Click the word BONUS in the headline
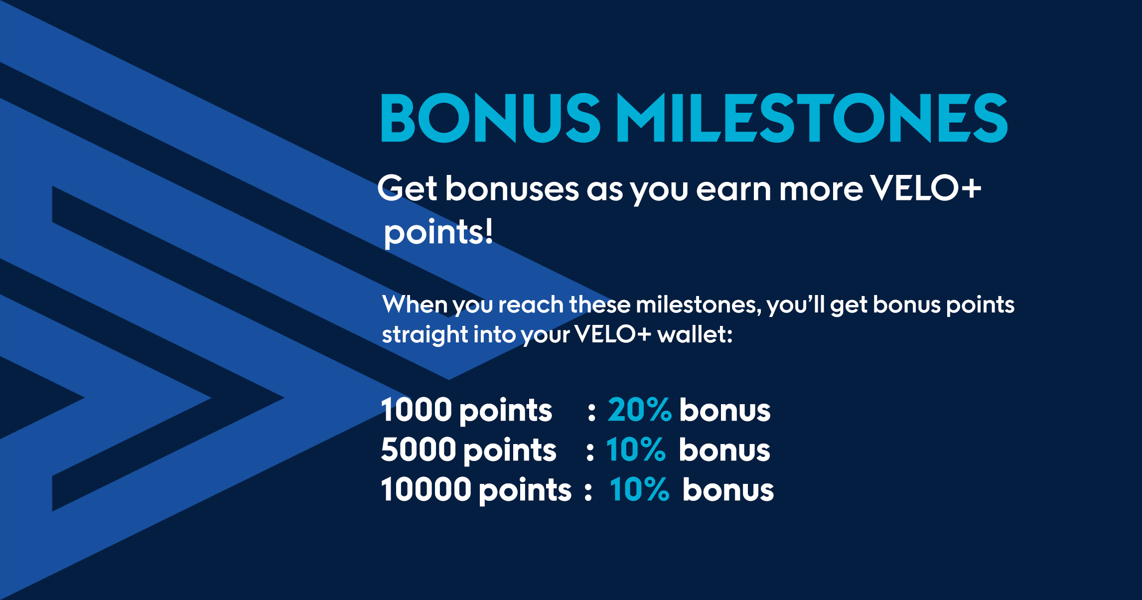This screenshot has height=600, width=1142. click(x=491, y=118)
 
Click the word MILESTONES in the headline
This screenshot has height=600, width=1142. click(x=813, y=118)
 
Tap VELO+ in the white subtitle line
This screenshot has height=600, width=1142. click(x=926, y=188)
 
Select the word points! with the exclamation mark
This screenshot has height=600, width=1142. click(x=438, y=232)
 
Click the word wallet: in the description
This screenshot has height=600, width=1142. click(x=695, y=334)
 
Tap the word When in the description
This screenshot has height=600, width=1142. click(x=415, y=304)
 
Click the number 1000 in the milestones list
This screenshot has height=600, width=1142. click(x=416, y=410)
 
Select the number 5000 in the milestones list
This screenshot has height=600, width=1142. click(x=419, y=450)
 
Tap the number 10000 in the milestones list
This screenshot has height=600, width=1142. click(x=426, y=489)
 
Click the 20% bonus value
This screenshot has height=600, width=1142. click(x=640, y=410)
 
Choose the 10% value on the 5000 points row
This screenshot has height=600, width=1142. click(x=636, y=450)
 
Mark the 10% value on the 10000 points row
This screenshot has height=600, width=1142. click(x=639, y=489)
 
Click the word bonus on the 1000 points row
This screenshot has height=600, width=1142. click(x=725, y=410)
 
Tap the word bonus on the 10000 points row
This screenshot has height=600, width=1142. click(x=728, y=489)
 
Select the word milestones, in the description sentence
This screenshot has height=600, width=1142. click(x=699, y=304)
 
